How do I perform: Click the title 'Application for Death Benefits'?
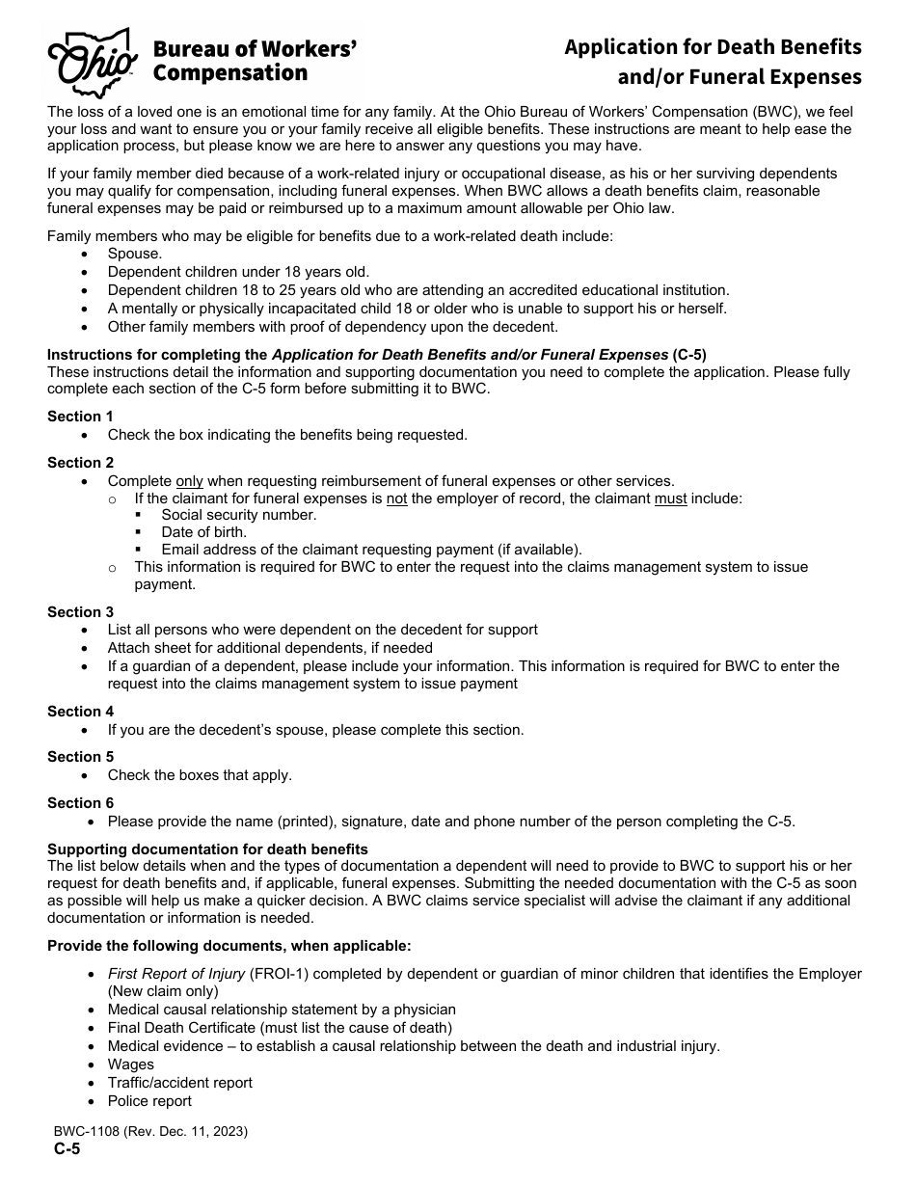coord(713,46)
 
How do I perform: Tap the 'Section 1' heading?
coord(80,417)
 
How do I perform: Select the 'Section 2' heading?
coord(80,463)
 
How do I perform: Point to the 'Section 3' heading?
coord(80,612)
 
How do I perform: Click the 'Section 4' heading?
coord(80,712)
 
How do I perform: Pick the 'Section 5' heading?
coord(80,757)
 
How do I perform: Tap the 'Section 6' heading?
coord(80,803)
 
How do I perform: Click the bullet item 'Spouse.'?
coord(135,254)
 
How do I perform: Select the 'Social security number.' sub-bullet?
coord(238,515)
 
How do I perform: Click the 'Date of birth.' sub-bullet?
coord(203,532)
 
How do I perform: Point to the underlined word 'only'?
coord(190,481)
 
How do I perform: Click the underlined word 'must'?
coord(670,499)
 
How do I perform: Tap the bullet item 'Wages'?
coord(130,1065)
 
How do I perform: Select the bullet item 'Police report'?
coord(149,1101)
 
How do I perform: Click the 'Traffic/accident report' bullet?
coord(179,1083)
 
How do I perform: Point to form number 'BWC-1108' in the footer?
coord(86,1132)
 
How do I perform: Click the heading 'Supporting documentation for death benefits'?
coord(207,849)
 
